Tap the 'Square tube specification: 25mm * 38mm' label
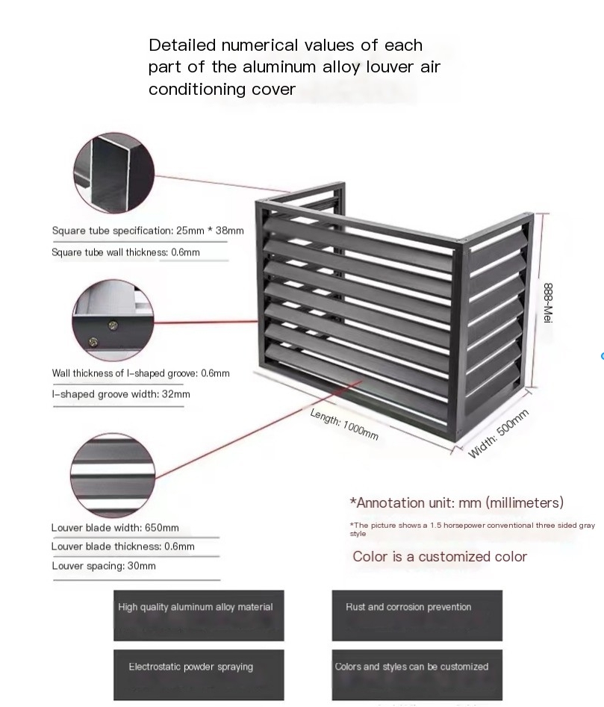click(x=148, y=231)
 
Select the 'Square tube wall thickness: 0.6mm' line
click(x=125, y=252)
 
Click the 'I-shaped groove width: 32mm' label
click(x=121, y=394)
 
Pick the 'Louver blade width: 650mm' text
click(x=115, y=528)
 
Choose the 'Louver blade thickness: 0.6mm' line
click(x=122, y=546)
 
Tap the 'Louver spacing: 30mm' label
click(x=104, y=566)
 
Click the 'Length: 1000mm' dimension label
click(x=344, y=424)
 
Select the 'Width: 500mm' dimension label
click(x=498, y=434)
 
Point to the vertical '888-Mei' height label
click(x=548, y=302)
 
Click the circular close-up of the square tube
click(x=113, y=172)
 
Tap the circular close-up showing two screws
click(x=113, y=320)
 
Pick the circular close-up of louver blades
click(x=113, y=476)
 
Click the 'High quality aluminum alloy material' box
click(x=199, y=615)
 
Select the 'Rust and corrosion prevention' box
click(x=417, y=615)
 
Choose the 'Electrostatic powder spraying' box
click(x=199, y=675)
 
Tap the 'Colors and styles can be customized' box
click(x=417, y=675)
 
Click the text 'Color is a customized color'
click(x=440, y=556)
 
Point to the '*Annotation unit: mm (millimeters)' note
click(x=457, y=502)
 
